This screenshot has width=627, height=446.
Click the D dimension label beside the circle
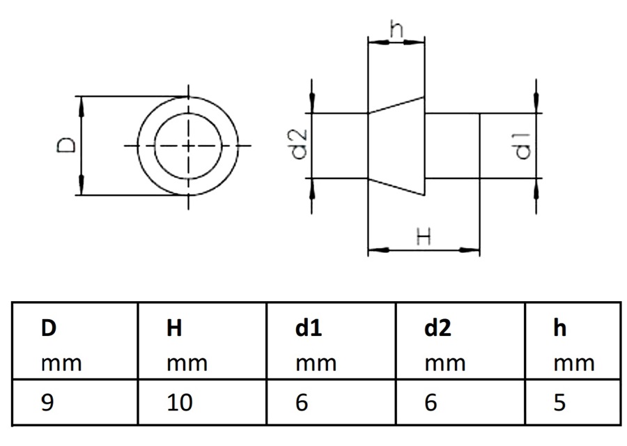pyautogui.click(x=66, y=146)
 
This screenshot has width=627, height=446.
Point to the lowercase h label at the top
pyautogui.click(x=396, y=30)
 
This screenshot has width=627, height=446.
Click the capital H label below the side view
pyautogui.click(x=423, y=237)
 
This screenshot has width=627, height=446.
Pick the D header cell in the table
pyautogui.click(x=48, y=328)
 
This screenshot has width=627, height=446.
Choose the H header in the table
pyautogui.click(x=174, y=328)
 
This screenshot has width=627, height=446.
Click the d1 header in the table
pyautogui.click(x=309, y=328)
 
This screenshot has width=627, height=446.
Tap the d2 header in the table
pyautogui.click(x=438, y=328)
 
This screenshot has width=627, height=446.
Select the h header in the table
pyautogui.click(x=560, y=328)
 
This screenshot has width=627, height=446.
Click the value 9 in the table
pyautogui.click(x=47, y=403)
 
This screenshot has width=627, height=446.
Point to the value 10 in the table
pyautogui.click(x=179, y=403)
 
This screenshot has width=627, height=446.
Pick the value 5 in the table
pyautogui.click(x=559, y=403)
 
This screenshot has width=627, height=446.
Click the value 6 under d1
pyautogui.click(x=302, y=403)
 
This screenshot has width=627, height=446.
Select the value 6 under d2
pyautogui.click(x=431, y=403)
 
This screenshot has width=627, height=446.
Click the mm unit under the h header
pyautogui.click(x=574, y=364)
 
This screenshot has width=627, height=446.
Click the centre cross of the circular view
pyautogui.click(x=187, y=146)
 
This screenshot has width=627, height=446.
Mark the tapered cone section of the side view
pyautogui.click(x=396, y=146)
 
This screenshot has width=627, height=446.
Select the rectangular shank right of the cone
pyautogui.click(x=451, y=146)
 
